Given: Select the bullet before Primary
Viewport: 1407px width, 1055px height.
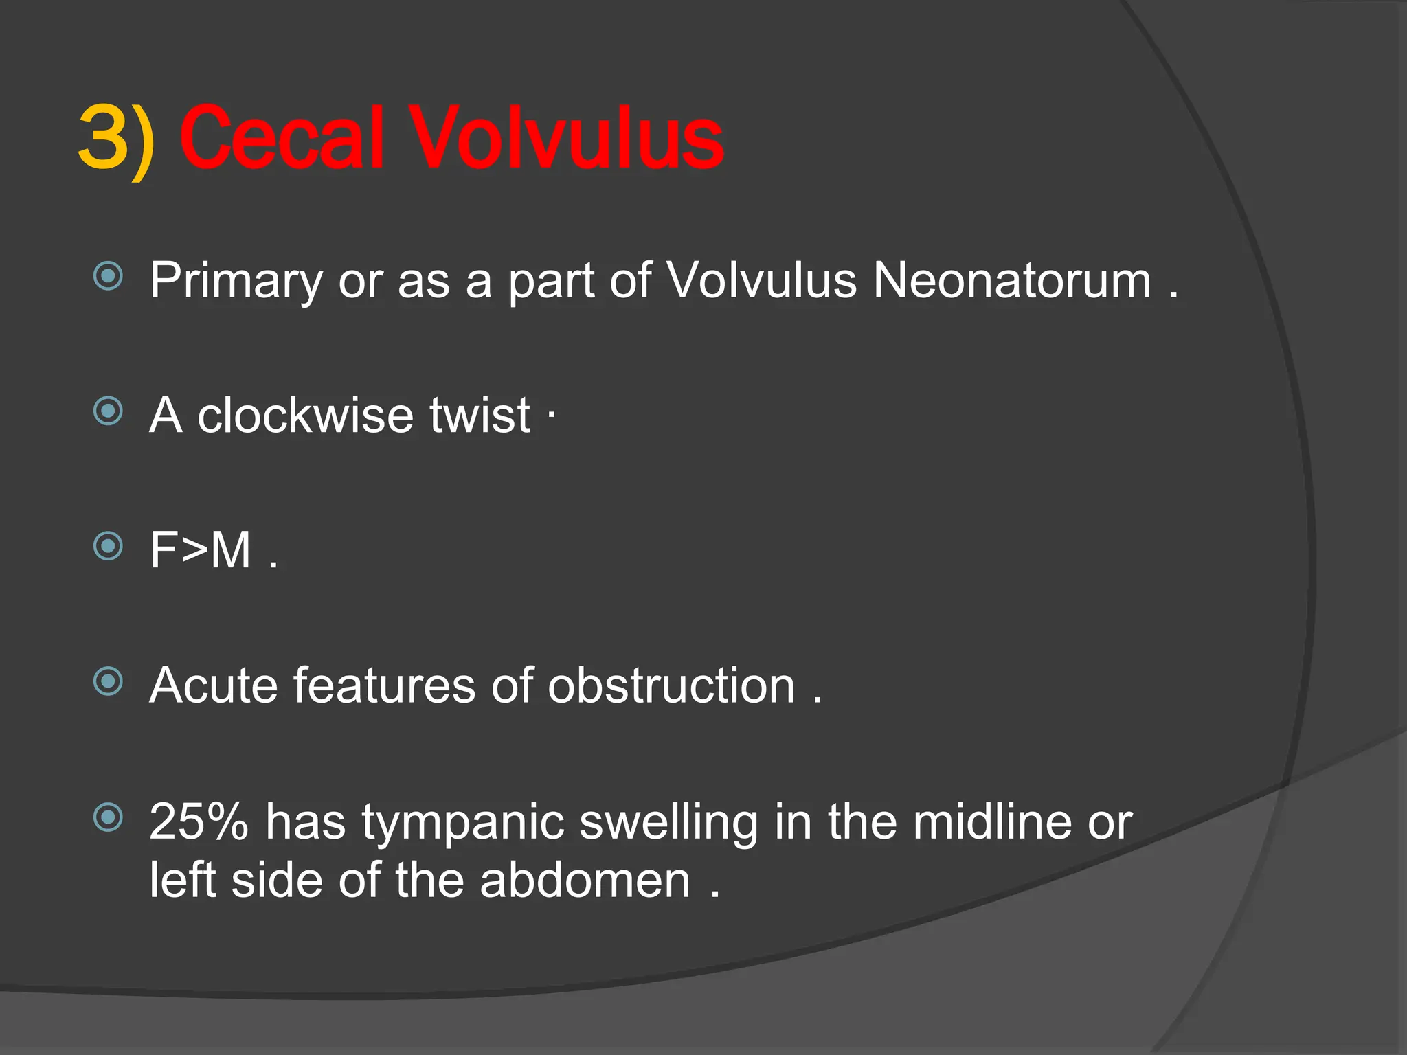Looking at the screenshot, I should [x=108, y=276].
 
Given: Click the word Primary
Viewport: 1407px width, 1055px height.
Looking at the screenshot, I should [x=236, y=282].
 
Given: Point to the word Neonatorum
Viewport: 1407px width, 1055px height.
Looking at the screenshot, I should [x=1011, y=280].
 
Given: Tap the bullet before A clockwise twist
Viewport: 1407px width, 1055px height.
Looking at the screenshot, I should [x=108, y=411].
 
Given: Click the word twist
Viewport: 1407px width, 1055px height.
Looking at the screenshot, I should [x=480, y=416].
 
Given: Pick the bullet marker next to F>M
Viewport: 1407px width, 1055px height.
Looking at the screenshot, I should [x=108, y=546].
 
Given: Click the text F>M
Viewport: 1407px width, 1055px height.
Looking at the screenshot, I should [x=201, y=550].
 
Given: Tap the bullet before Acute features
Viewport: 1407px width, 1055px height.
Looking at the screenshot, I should [x=108, y=681].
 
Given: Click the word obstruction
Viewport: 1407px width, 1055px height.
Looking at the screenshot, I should [x=671, y=685].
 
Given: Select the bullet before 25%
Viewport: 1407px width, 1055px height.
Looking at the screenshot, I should [x=108, y=817].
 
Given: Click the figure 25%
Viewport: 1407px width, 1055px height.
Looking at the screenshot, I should [x=199, y=821].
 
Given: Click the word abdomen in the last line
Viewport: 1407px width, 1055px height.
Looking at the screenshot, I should [x=585, y=881].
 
